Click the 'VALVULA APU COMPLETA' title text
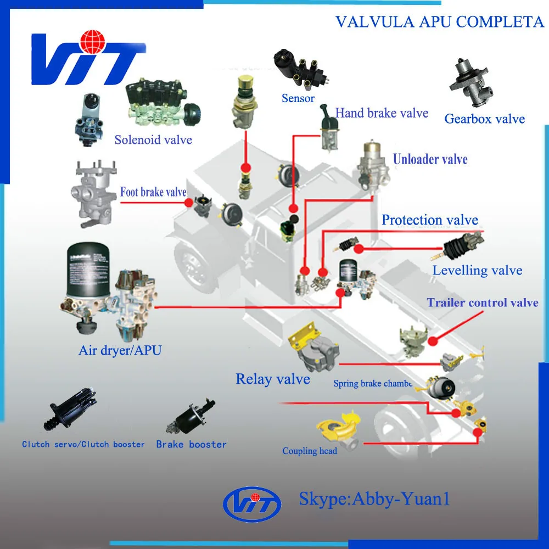[439, 22]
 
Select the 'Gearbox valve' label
[484, 119]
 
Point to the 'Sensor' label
[298, 98]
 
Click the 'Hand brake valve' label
[382, 113]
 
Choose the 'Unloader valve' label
[430, 160]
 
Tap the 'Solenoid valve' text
[153, 139]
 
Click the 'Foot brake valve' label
[153, 192]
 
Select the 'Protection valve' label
[430, 220]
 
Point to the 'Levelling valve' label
[477, 270]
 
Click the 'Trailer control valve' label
[483, 302]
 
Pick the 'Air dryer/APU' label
[120, 350]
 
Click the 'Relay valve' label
[273, 379]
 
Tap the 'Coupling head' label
[310, 451]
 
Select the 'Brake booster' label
[191, 444]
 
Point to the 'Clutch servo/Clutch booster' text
[83, 444]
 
